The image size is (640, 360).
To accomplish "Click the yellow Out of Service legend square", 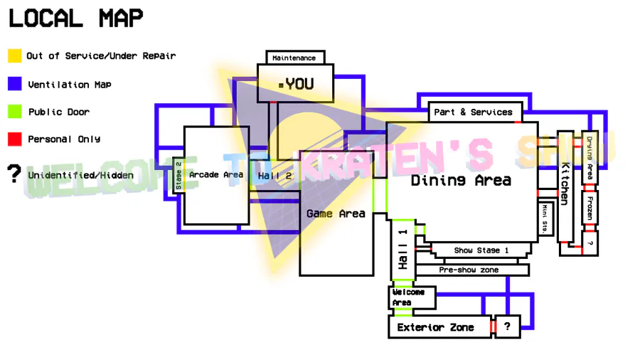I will (14, 55).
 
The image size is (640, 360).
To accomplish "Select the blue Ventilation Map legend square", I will (14, 84).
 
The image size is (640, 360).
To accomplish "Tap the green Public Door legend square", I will (14, 112).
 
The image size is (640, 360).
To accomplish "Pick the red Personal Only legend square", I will (14, 139).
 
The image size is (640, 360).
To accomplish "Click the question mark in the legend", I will (13, 174).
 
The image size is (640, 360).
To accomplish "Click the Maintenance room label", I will (294, 58).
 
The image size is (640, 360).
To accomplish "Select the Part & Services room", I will (473, 112).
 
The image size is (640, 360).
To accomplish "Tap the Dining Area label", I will (461, 181).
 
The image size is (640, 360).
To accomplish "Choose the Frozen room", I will (590, 207).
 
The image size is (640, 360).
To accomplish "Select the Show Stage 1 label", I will (481, 250).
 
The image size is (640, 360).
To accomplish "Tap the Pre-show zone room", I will (469, 270).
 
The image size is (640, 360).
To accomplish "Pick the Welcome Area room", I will (409, 297).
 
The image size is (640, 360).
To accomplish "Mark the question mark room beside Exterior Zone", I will (507, 327).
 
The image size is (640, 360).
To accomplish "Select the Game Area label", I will (336, 213).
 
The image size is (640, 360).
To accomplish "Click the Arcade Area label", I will (216, 174).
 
